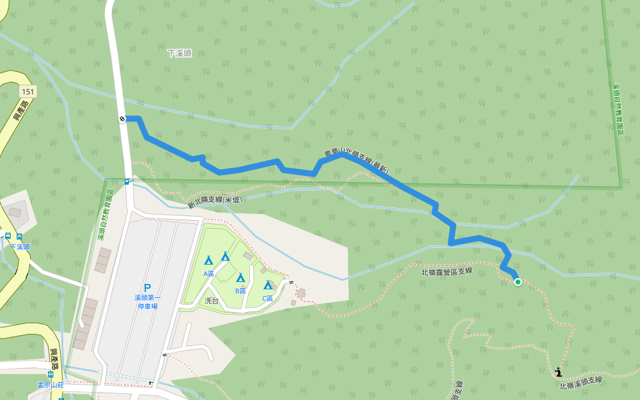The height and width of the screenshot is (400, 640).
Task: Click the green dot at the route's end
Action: coord(518,282)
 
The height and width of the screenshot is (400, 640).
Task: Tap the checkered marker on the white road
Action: coord(123,119)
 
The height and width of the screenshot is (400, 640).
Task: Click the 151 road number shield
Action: coord(27,91)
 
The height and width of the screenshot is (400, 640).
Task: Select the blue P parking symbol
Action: coord(147,288)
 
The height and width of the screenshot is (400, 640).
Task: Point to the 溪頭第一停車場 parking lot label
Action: coord(147,302)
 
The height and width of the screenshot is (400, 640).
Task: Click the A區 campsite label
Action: coord(209,273)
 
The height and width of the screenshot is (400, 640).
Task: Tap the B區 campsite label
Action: coord(241,291)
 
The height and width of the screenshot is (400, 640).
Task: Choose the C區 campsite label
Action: coord(268,298)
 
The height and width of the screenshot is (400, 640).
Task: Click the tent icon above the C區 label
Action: coord(268,285)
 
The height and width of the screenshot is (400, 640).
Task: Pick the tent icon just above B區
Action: coord(241,277)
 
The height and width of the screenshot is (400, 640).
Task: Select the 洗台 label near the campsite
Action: coord(211,301)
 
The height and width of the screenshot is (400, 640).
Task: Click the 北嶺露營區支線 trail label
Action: coord(447,271)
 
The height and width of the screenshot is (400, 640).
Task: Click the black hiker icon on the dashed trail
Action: coord(558,372)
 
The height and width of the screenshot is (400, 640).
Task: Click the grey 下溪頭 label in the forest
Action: coord(179,53)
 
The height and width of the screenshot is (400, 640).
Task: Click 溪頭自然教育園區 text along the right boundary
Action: coord(618,109)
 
